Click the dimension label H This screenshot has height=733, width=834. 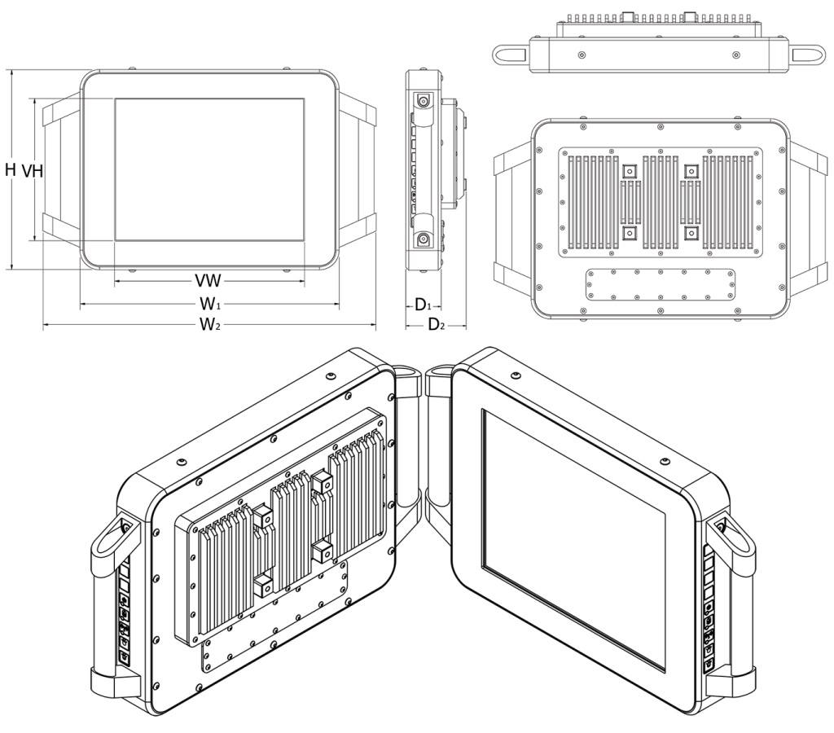click(10, 169)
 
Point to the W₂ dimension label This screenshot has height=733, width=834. click(211, 326)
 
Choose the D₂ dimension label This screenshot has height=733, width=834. click(437, 326)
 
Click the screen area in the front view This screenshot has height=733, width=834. click(209, 169)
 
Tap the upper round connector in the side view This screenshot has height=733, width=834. click(424, 101)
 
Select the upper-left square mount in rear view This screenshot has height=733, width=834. click(629, 171)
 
